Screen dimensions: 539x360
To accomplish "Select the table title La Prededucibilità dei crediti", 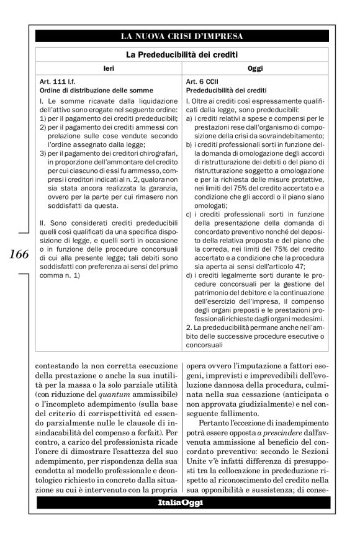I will point(182,55).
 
